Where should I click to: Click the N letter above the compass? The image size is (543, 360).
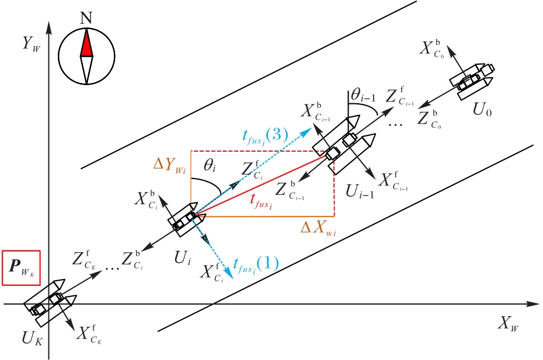point(86,18)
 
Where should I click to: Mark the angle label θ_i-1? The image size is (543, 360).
point(362,94)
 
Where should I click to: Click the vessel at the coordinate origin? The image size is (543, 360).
point(48,300)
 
